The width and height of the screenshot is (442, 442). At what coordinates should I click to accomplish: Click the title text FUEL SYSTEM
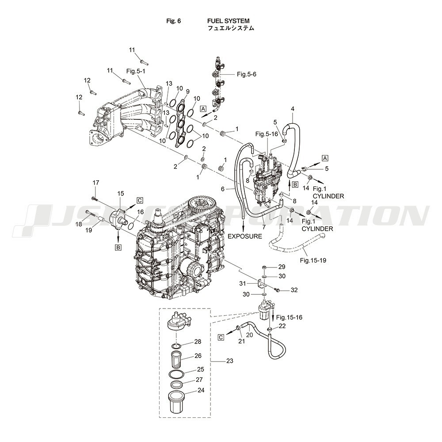coord(229,21)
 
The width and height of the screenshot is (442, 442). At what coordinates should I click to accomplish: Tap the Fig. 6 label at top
coord(174,21)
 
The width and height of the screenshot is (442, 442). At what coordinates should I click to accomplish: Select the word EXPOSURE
coord(245,236)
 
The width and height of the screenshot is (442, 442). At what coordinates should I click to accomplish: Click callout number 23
coord(230,361)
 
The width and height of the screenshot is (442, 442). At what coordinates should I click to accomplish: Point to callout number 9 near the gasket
coord(188,91)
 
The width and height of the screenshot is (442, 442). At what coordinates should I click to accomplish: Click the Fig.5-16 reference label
coord(267,134)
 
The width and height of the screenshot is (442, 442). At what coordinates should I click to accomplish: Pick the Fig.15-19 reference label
coord(313,260)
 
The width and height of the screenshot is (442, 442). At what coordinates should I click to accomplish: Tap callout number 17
coord(96,183)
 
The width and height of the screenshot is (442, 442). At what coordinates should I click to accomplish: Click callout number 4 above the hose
coord(293,109)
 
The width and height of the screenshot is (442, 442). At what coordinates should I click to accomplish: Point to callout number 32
coord(294,290)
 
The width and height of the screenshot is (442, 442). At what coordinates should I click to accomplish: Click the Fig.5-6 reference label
coord(247,74)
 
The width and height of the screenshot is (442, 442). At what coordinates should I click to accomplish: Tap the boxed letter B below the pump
coord(118,248)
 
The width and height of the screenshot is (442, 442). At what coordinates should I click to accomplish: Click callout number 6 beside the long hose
coord(223,189)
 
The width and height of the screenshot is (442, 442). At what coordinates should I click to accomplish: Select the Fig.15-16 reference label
coord(289,317)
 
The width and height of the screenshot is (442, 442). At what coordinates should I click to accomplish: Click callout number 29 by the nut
coord(282,267)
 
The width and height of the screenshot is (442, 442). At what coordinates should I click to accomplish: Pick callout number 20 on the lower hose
coord(250,335)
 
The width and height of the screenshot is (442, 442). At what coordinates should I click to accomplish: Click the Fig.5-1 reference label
coord(136,71)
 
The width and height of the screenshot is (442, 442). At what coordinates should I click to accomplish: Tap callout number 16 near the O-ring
coord(141,212)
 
